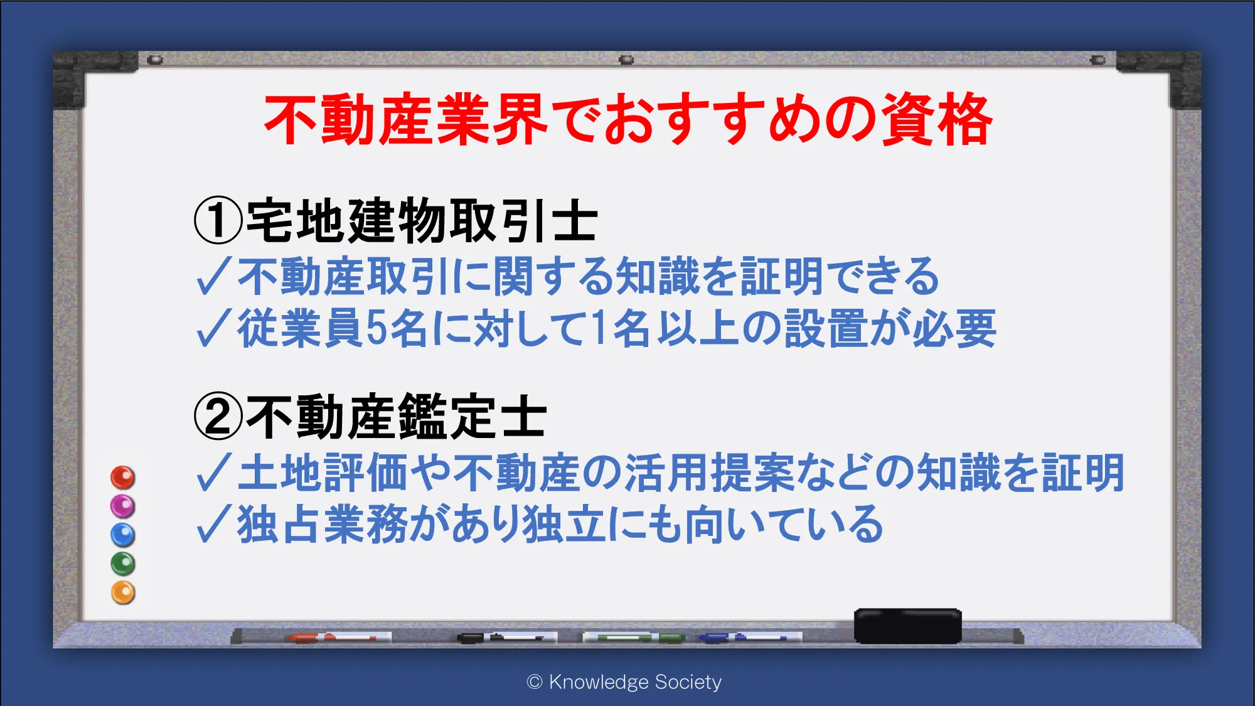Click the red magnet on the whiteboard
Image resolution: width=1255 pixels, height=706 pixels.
click(x=122, y=478)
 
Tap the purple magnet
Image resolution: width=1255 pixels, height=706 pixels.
click(x=122, y=506)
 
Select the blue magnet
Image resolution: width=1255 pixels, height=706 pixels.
click(x=122, y=535)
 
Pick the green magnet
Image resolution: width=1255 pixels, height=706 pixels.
click(x=122, y=564)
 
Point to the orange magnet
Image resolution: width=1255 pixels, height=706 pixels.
click(x=122, y=592)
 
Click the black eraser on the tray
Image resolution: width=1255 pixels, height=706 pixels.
click(x=907, y=626)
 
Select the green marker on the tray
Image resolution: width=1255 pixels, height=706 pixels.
click(x=633, y=638)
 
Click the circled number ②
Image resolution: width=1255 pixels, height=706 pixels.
click(x=218, y=416)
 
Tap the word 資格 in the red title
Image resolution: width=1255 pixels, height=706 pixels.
click(x=936, y=119)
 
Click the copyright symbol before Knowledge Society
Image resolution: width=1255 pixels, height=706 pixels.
click(x=534, y=682)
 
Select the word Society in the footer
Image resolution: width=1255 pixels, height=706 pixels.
click(x=688, y=682)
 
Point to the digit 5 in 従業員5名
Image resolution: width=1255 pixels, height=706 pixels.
click(x=376, y=328)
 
